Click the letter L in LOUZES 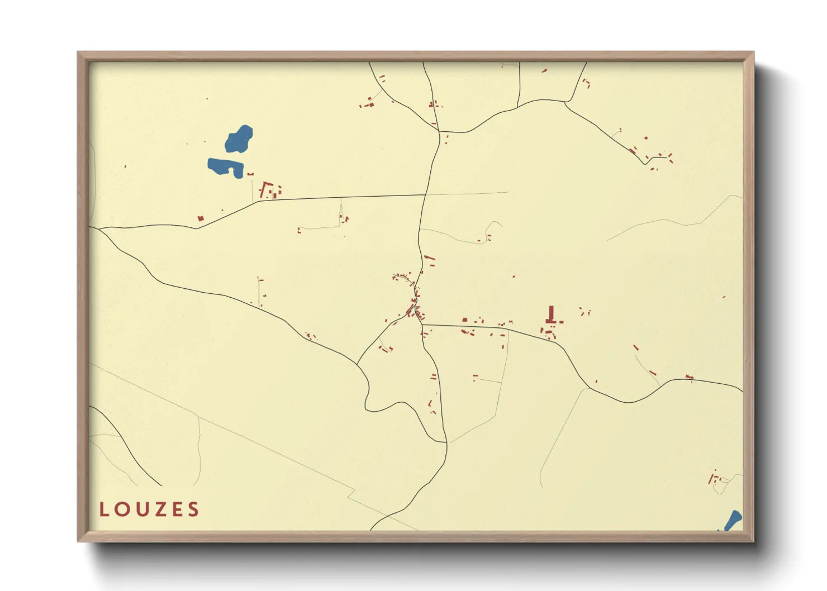coord(104,509)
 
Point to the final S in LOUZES coord(193,509)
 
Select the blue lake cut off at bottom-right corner coord(733,520)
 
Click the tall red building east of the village coord(552,314)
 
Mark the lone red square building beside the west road coord(201,218)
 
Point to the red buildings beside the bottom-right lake coord(714,478)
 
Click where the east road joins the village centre coord(422,324)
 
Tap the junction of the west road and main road coord(426,194)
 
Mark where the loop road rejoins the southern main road coord(446,442)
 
